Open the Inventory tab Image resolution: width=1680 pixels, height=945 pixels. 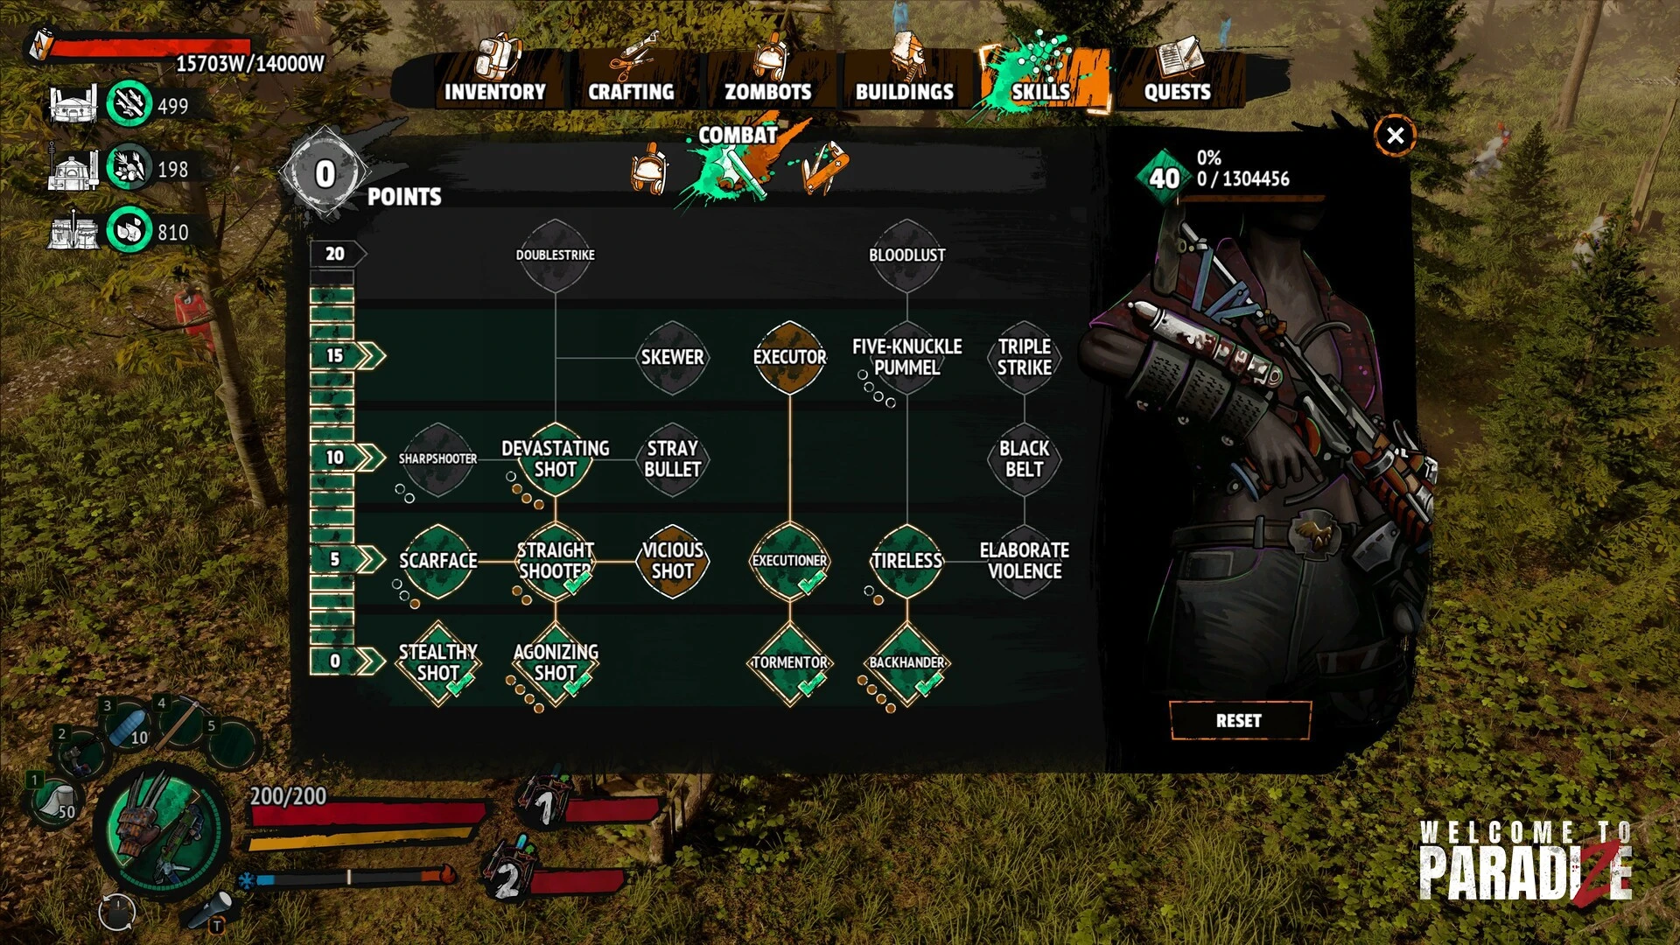tap(494, 79)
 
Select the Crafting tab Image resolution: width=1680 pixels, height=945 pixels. tap(631, 79)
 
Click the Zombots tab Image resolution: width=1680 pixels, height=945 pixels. tap(767, 79)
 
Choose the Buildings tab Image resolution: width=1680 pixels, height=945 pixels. tap(904, 79)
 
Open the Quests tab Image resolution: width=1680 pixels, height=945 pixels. tap(1177, 79)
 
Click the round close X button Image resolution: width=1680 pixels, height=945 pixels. tap(1395, 136)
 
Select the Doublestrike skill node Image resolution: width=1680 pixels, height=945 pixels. tap(555, 255)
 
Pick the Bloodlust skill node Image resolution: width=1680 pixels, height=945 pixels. tap(906, 255)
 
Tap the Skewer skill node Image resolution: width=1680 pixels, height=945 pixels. tap(672, 357)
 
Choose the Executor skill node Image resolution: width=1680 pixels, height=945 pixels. tap(789, 357)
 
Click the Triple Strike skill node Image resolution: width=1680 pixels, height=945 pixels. tap(1024, 357)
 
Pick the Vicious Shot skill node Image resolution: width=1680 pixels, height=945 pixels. tap(672, 561)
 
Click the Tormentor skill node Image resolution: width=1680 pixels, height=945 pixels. tap(789, 662)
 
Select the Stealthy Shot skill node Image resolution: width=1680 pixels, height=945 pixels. tap(437, 662)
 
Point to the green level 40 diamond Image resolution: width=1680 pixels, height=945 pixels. tap(1164, 178)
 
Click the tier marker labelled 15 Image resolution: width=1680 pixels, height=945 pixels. tap(336, 355)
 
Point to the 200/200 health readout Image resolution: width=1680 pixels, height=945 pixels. tap(288, 796)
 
